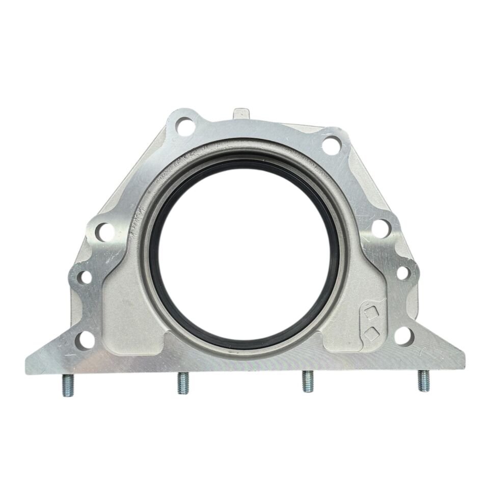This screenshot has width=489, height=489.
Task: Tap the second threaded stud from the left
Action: [183, 383]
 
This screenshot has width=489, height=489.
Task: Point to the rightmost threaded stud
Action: [424, 381]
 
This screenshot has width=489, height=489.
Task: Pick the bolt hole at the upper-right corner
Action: [332, 145]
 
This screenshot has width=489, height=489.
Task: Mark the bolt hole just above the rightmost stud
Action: [403, 335]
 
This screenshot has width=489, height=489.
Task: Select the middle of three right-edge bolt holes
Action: [402, 273]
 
